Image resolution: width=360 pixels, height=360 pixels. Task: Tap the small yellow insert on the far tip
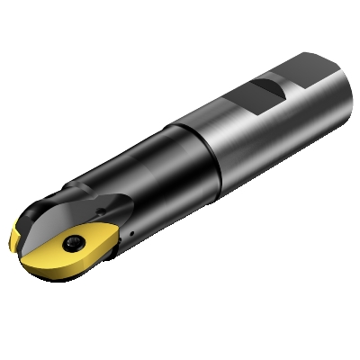click(17, 238)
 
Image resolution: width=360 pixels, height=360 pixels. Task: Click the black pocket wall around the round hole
click(103, 211)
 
